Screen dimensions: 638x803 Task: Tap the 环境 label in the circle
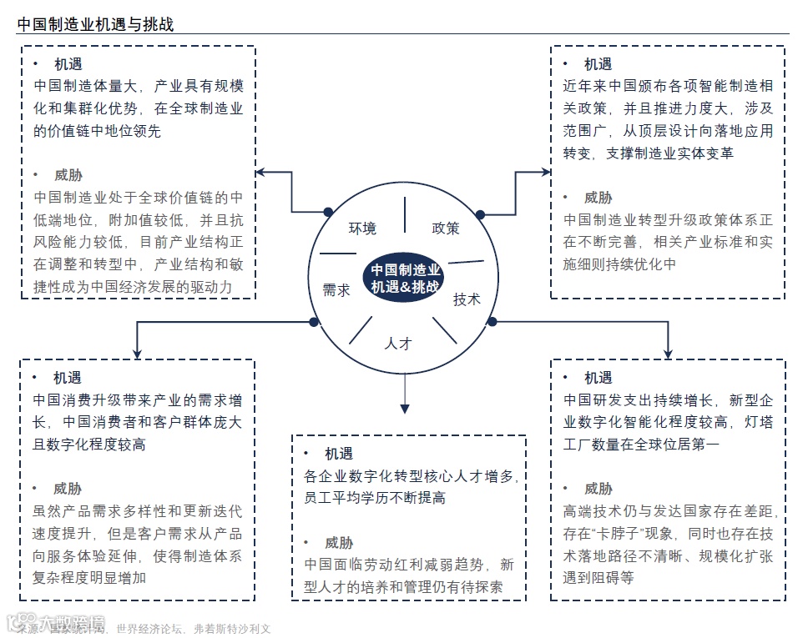(x=362, y=229)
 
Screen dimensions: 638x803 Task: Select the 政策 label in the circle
(x=445, y=228)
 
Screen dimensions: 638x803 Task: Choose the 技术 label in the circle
(x=467, y=299)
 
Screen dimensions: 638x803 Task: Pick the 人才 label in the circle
(x=398, y=342)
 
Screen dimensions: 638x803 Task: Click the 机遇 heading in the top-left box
(x=68, y=63)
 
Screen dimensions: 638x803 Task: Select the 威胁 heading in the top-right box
(x=598, y=198)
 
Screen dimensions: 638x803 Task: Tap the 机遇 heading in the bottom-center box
(x=339, y=454)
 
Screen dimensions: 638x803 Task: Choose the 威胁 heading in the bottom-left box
(x=68, y=489)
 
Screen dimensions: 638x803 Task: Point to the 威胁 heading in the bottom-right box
(x=598, y=489)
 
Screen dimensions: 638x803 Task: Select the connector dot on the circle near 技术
(x=492, y=321)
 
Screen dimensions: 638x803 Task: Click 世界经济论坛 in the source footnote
(x=150, y=629)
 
